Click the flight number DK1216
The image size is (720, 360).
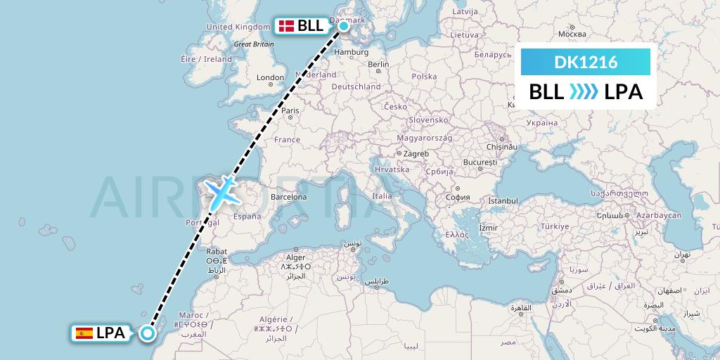(x=586, y=63)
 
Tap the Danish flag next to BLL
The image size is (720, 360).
(x=286, y=27)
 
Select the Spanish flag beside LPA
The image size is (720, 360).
(x=84, y=333)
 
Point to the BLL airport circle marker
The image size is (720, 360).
(x=344, y=27)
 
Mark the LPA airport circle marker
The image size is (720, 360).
(x=147, y=333)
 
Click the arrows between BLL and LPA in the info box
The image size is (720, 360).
(x=584, y=92)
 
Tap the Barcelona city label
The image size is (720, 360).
(x=288, y=197)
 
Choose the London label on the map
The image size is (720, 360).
(x=271, y=77)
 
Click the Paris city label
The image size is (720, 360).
(x=290, y=110)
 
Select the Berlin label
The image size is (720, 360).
(x=378, y=65)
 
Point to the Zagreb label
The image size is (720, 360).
(x=416, y=153)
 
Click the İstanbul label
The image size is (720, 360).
(x=503, y=201)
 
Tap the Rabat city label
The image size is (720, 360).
(x=215, y=251)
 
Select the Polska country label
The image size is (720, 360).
(x=424, y=77)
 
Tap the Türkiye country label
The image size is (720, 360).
(x=554, y=226)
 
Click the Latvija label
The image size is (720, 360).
(x=465, y=12)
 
